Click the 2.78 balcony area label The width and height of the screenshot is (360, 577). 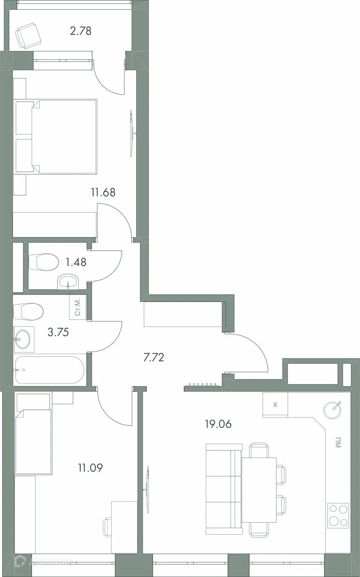[x=81, y=31]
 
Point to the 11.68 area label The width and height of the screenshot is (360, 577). [x=103, y=192]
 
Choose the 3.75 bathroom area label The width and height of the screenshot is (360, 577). [x=58, y=332]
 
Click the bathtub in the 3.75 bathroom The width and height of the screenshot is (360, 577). [x=49, y=370]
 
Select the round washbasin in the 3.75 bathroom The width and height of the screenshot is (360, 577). [x=23, y=339]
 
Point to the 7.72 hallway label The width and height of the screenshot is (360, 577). [x=154, y=357]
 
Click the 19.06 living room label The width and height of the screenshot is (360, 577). [x=218, y=424]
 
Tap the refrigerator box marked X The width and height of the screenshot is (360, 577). [x=275, y=405]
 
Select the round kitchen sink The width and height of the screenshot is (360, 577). [x=333, y=409]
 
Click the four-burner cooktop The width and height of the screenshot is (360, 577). [x=338, y=515]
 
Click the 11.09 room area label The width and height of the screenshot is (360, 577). [x=90, y=468]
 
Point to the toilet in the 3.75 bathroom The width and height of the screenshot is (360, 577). [x=29, y=311]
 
